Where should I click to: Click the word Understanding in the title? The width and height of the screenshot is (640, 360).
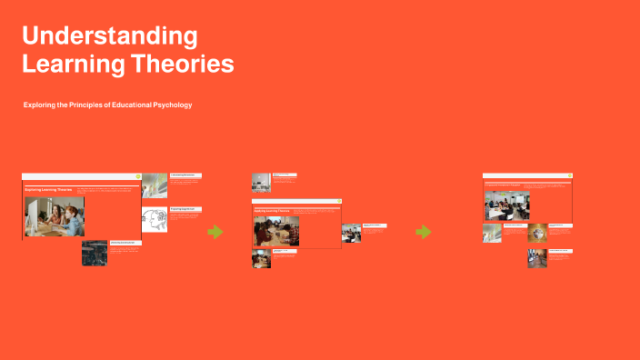pyautogui.click(x=109, y=36)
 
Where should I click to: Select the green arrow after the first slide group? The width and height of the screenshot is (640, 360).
pyautogui.click(x=215, y=232)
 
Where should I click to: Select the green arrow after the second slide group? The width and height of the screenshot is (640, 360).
pyautogui.click(x=424, y=232)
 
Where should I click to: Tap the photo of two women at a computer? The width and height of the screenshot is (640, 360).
pyautogui.click(x=55, y=216)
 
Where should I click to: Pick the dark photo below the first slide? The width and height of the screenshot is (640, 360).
pyautogui.click(x=95, y=253)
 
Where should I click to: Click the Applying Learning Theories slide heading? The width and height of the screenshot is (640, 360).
pyautogui.click(x=272, y=210)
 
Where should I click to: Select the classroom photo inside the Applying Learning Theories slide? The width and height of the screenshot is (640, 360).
pyautogui.click(x=276, y=231)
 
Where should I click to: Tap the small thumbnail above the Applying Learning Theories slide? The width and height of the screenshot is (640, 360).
pyautogui.click(x=261, y=182)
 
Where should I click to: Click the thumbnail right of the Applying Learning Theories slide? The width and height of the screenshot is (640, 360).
pyautogui.click(x=351, y=233)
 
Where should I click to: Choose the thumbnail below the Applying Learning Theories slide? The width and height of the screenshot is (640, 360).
pyautogui.click(x=261, y=258)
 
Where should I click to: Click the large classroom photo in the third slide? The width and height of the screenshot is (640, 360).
pyautogui.click(x=503, y=205)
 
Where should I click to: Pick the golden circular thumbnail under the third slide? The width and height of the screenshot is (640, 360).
pyautogui.click(x=537, y=233)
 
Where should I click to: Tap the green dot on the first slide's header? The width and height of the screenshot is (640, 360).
pyautogui.click(x=137, y=176)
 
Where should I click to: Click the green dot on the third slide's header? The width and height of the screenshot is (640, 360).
pyautogui.click(x=570, y=176)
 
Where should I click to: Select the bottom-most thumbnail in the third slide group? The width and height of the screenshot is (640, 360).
pyautogui.click(x=536, y=258)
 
